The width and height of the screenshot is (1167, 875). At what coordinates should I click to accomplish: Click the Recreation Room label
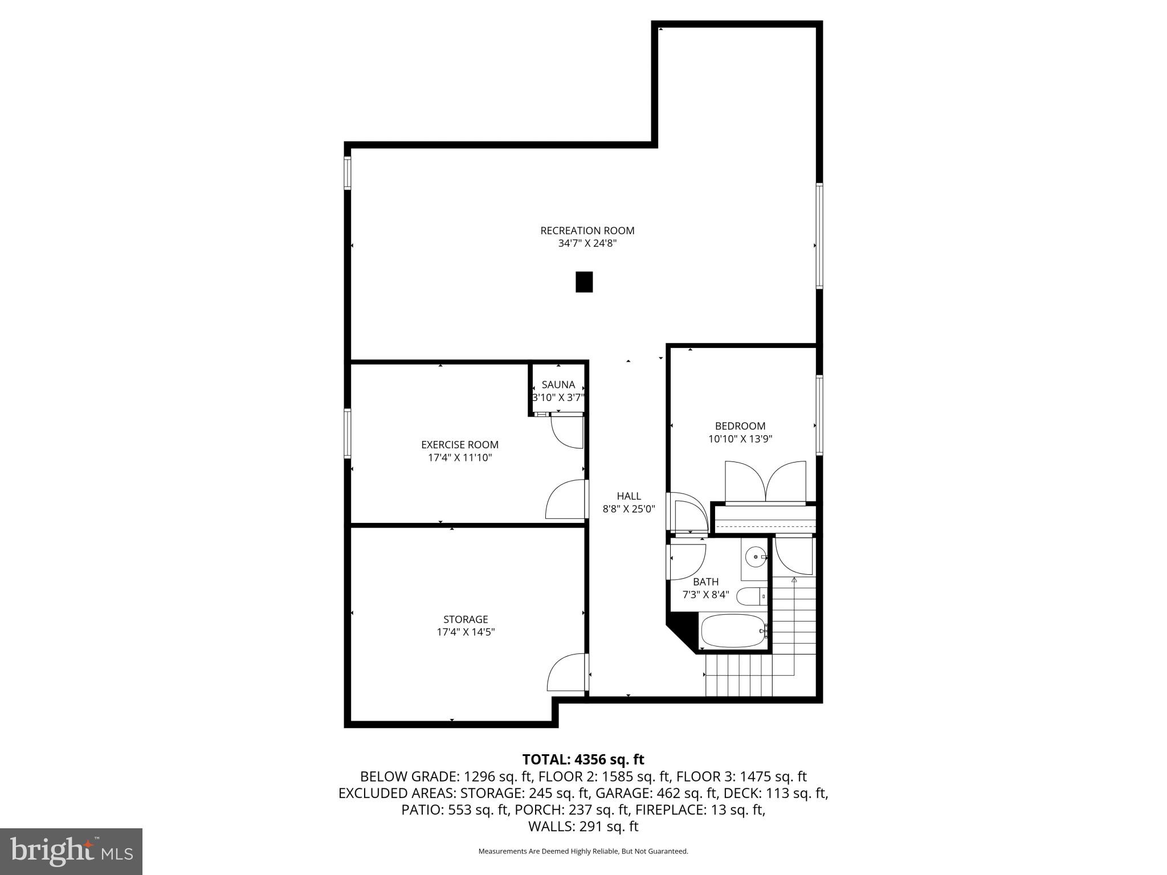pos(587,231)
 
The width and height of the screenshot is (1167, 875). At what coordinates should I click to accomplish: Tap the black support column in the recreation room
pos(584,282)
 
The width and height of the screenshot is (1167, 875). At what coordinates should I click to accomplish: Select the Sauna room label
pos(558,385)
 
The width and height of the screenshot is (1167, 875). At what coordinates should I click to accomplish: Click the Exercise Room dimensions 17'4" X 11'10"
pos(460,457)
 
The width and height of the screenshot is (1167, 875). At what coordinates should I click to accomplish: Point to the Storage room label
pos(466,619)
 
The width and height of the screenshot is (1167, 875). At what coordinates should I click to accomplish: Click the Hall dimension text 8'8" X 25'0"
pos(629,509)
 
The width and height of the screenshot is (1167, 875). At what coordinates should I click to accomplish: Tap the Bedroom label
pos(740,426)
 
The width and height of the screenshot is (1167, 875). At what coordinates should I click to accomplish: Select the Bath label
pos(705,582)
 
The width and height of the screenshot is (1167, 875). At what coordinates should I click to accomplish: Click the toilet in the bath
pos(752,596)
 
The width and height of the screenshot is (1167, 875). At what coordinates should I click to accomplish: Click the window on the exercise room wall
pos(347,434)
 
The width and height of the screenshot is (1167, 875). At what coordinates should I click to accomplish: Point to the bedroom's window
pos(819,415)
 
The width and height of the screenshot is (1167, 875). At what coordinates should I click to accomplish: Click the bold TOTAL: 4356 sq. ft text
pos(583,759)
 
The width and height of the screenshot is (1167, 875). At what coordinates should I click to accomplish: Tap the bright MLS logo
pos(71,851)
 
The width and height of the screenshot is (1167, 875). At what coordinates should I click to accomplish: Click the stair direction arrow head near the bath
pos(794,579)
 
